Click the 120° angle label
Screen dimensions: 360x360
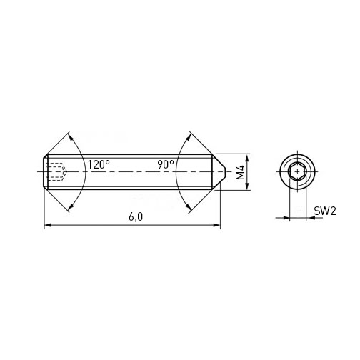coord(99,164)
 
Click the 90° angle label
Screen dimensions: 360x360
coord(166,164)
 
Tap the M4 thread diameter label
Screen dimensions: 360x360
coord(240,172)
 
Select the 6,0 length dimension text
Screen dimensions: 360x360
coord(136,217)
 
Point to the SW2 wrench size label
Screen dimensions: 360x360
coord(325,211)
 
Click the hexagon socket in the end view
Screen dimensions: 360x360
coord(297,171)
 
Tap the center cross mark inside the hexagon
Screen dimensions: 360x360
coord(297,171)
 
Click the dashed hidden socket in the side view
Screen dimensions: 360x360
coord(57,171)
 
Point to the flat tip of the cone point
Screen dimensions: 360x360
coord(225,171)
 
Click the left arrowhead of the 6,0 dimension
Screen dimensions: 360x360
coord(47,225)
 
